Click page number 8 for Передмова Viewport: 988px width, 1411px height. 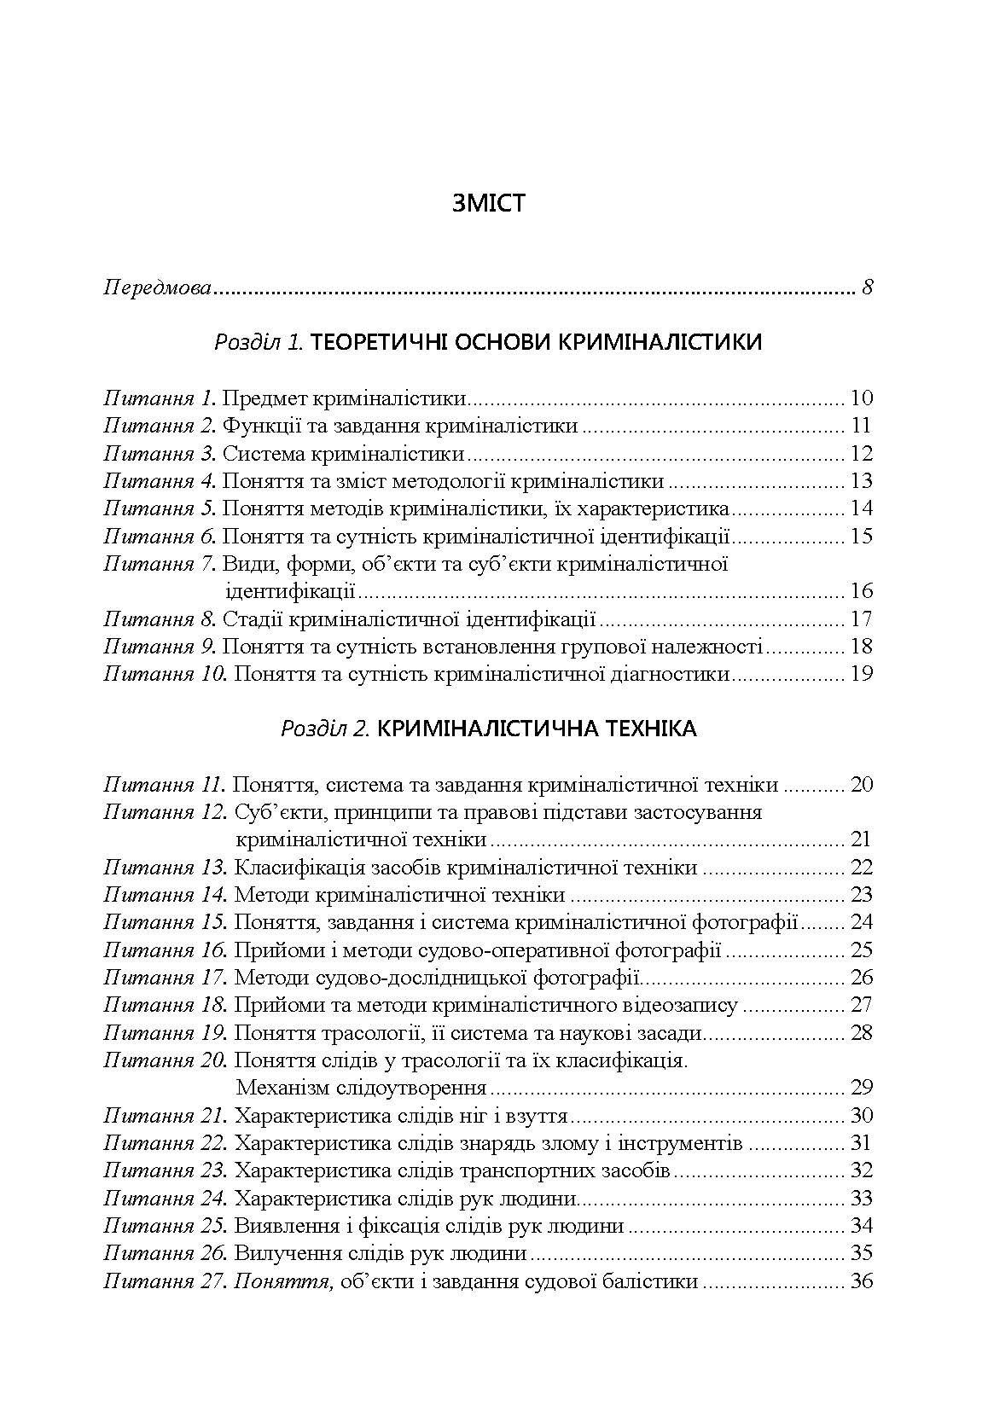click(x=868, y=287)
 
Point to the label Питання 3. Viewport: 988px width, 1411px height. click(x=160, y=453)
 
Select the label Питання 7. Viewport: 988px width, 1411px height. click(x=160, y=563)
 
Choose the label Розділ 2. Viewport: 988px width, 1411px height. click(x=324, y=729)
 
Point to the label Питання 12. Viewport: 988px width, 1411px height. click(x=165, y=811)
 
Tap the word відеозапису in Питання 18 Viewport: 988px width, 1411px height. click(x=684, y=1005)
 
